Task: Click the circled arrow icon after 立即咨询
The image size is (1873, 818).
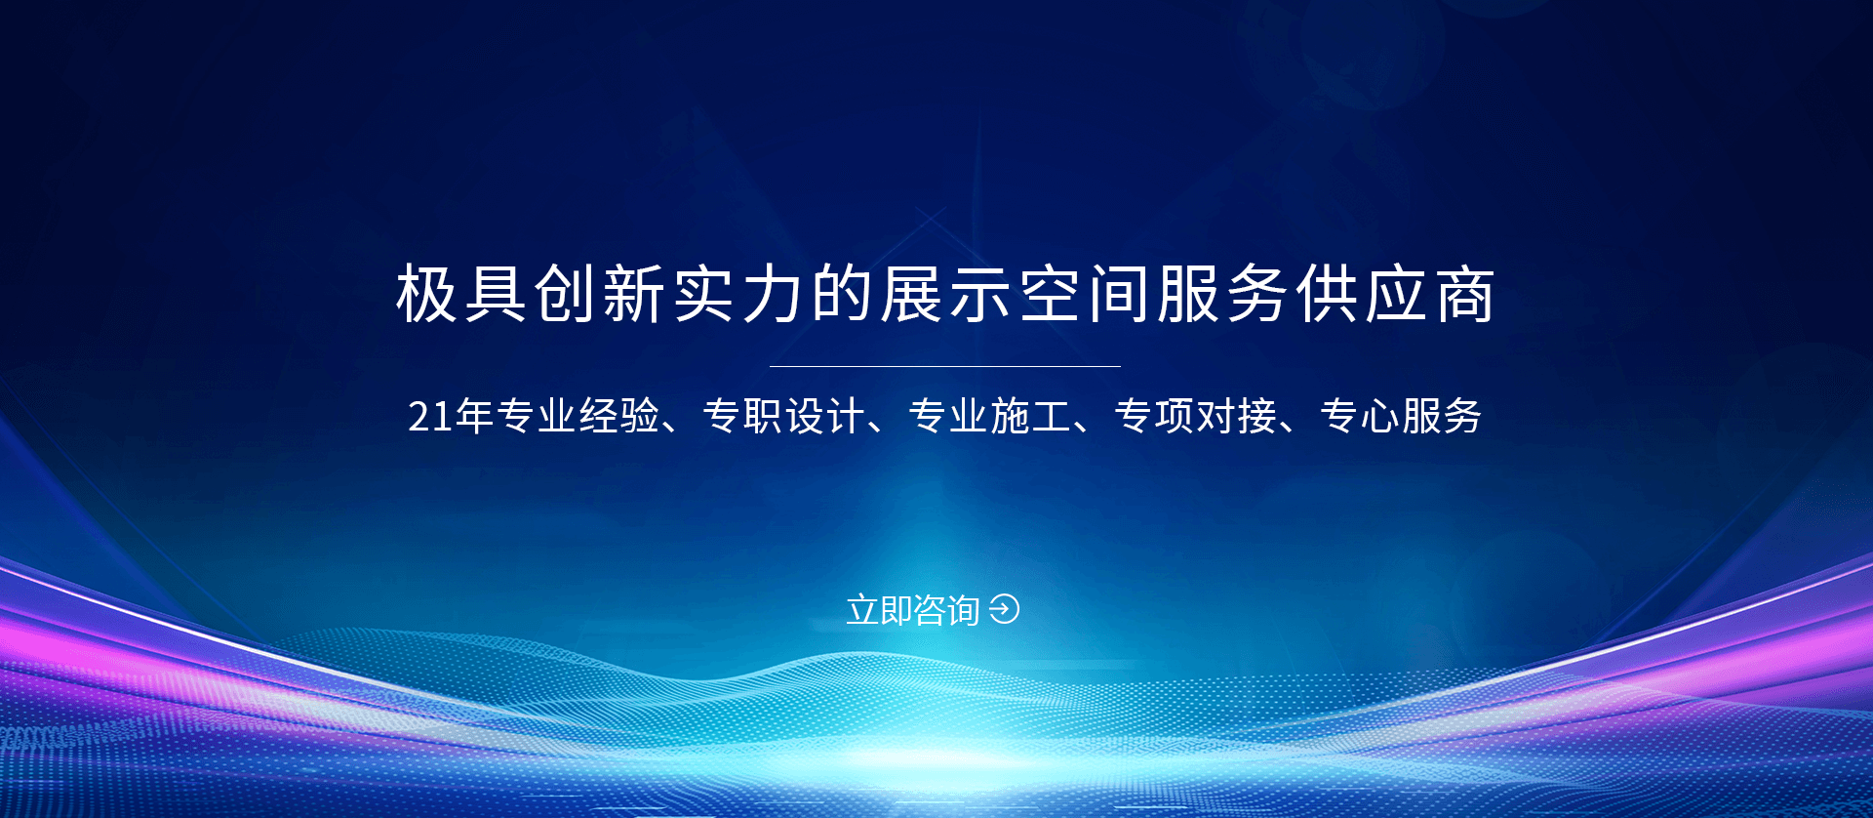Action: [x=1004, y=609]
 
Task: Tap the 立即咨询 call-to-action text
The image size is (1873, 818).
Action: [x=913, y=610]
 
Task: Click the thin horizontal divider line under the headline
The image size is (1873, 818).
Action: [x=944, y=366]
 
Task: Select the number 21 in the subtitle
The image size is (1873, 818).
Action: [x=430, y=417]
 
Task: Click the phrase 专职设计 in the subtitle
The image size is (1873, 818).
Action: [x=783, y=416]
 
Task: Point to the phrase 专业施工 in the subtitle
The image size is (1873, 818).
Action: [x=989, y=416]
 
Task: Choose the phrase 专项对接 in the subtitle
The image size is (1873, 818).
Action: [x=1195, y=416]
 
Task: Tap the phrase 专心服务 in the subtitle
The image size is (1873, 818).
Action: [x=1401, y=416]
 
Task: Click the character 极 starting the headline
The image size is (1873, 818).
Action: [x=426, y=294]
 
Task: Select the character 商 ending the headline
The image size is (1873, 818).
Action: [x=1463, y=294]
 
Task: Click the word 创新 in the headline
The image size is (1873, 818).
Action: [x=600, y=294]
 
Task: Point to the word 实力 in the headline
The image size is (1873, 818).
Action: [x=737, y=294]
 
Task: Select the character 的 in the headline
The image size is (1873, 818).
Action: [x=842, y=294]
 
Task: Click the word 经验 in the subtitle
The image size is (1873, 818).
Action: [x=619, y=416]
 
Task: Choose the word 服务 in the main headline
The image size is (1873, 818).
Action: [x=1222, y=294]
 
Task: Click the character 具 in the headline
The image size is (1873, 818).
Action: [x=496, y=294]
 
